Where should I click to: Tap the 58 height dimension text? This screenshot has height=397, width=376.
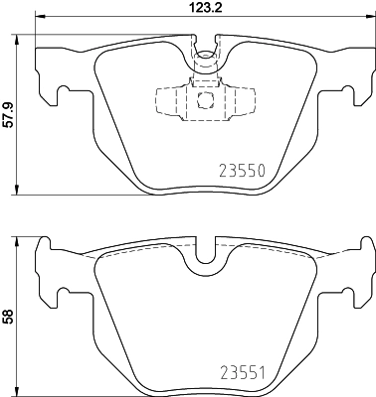[8, 318]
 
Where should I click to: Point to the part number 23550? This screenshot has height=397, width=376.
[242, 170]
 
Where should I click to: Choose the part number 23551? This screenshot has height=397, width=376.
[242, 374]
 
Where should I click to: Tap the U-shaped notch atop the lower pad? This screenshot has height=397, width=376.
[207, 255]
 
